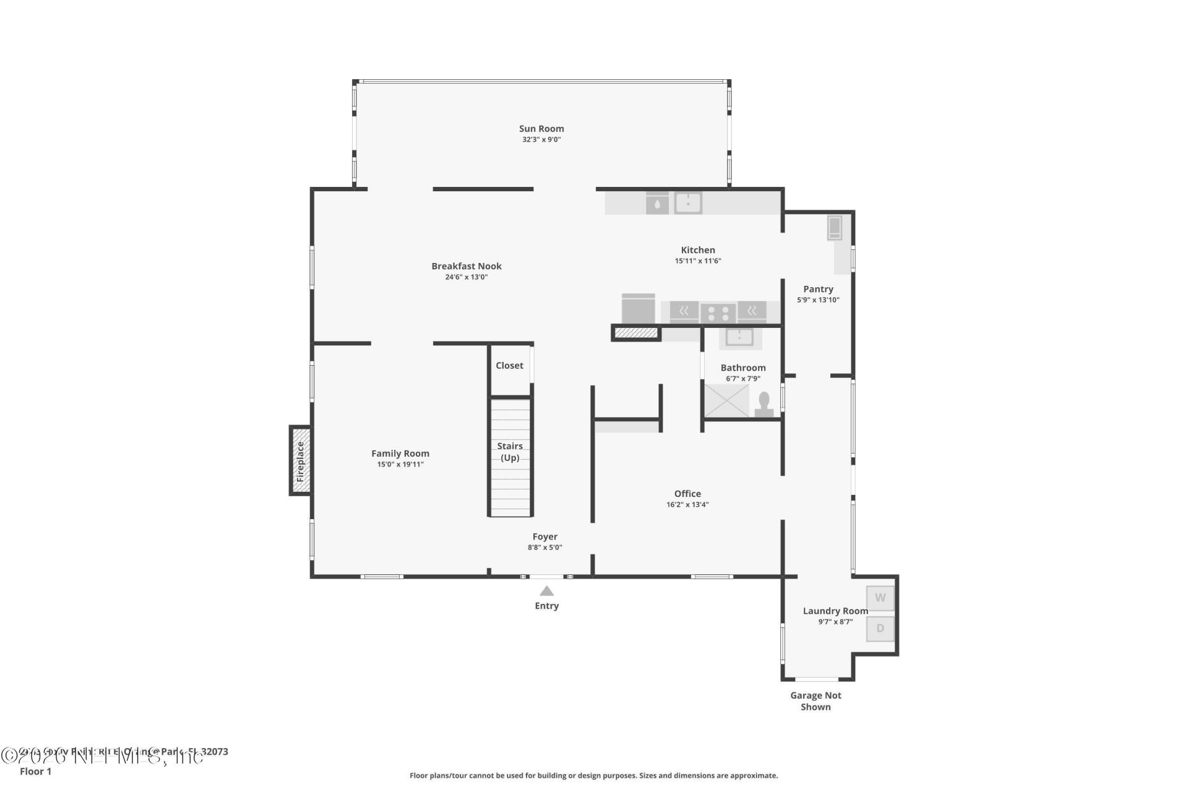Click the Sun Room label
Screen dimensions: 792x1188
coord(541,129)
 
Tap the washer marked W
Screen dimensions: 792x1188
coord(880,598)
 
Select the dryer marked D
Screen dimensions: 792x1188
coord(880,629)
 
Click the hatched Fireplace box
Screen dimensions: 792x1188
coord(300,461)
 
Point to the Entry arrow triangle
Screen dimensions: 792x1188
coord(546,591)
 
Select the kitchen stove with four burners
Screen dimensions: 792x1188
coord(718,312)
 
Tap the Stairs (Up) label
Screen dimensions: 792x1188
coord(510,452)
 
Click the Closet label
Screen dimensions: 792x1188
coord(509,366)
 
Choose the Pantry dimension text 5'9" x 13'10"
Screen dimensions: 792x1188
coord(818,300)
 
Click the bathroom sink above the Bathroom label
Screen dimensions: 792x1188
coord(739,338)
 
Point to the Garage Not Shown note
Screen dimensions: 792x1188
coord(816,701)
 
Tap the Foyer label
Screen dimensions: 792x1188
coord(544,537)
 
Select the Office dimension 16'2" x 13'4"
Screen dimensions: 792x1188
coord(687,504)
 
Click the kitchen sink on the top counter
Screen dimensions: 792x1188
coord(687,203)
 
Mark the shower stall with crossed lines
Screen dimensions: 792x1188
coord(726,400)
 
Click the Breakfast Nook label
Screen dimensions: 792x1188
coord(467,266)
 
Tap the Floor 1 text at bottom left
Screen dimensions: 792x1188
coord(35,772)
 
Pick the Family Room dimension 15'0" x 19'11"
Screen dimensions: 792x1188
coord(400,464)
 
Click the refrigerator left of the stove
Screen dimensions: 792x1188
coord(638,309)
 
